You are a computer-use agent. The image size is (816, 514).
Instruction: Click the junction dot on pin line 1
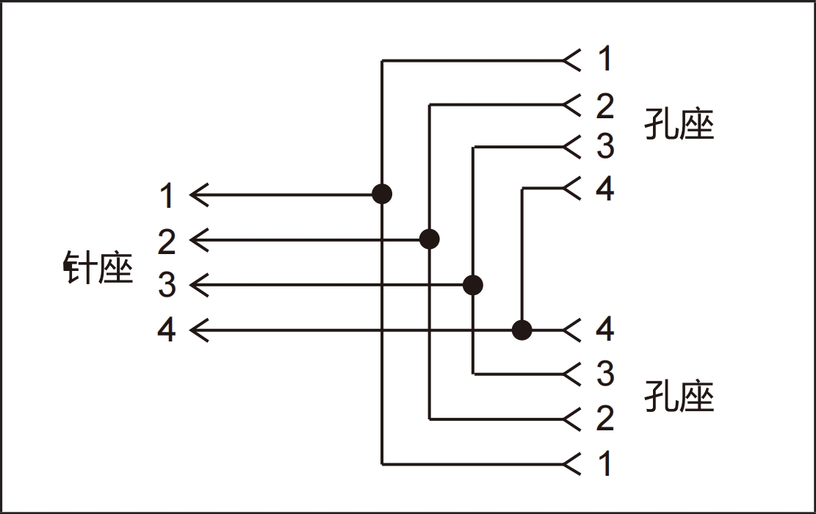382,195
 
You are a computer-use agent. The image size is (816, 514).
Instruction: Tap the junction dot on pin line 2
430,239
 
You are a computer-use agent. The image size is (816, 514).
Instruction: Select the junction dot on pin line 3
474,284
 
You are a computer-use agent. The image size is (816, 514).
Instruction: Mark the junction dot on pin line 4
521,330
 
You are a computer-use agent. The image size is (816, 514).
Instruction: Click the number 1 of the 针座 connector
167,196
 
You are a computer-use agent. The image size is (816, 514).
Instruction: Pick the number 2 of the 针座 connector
167,241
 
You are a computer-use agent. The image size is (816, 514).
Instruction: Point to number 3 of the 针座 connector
167,285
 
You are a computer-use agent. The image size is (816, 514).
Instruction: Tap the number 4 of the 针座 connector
167,330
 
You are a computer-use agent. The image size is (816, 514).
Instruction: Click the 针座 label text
98,269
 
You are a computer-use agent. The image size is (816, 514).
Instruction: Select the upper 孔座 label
679,124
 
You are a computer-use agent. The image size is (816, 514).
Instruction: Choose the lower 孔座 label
679,397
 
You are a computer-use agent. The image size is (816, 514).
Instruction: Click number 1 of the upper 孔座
604,59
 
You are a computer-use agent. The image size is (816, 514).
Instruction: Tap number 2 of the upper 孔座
604,106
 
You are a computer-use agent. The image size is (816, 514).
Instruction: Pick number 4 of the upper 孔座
604,189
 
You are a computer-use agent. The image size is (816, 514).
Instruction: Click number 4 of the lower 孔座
604,330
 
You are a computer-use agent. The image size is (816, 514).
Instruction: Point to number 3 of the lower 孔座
604,374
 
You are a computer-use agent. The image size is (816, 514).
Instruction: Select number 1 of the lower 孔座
604,464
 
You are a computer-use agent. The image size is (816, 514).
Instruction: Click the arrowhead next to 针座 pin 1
200,195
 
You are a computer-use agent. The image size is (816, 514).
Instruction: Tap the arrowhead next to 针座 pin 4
200,330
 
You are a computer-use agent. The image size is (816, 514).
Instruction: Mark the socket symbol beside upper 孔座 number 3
571,147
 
